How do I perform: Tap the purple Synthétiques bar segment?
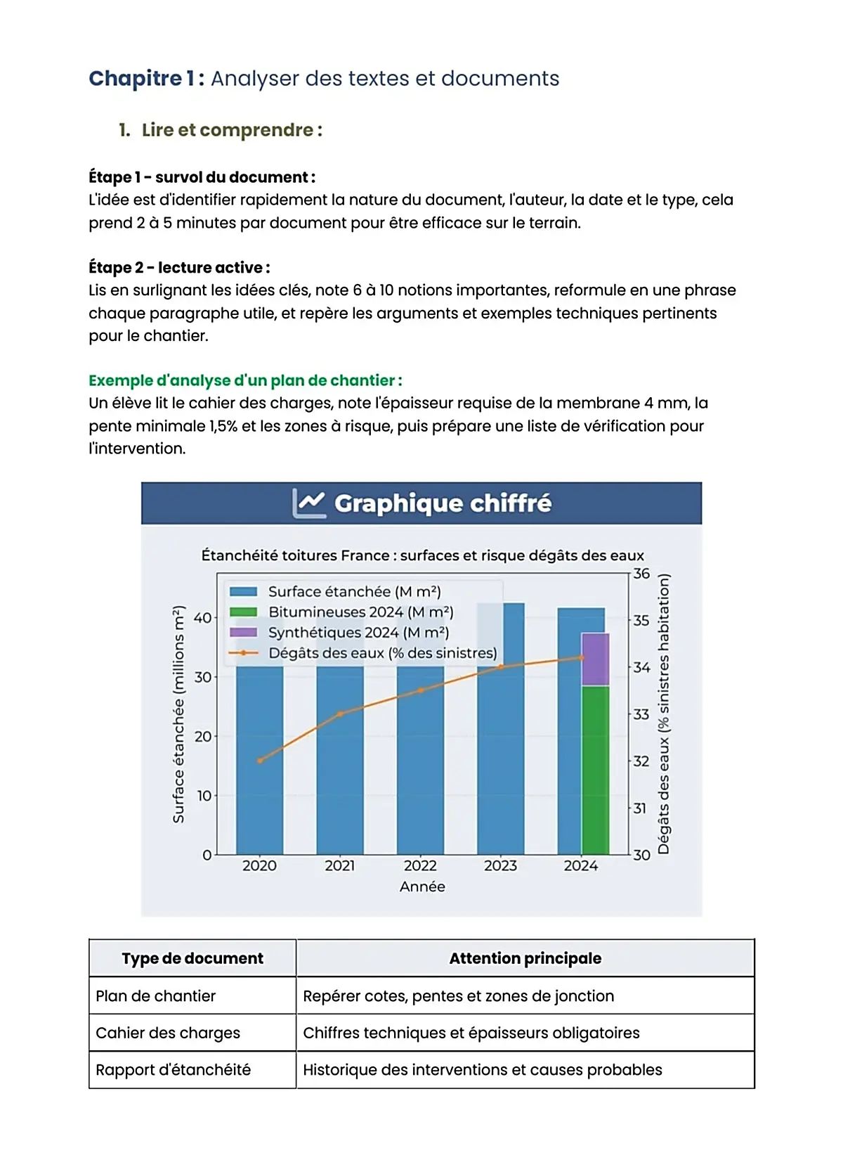pos(596,659)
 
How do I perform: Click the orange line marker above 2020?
pos(260,761)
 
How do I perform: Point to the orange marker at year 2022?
pos(421,690)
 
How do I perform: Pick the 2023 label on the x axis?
pos(500,865)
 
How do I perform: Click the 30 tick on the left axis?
pos(203,677)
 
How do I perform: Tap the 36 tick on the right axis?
pos(641,574)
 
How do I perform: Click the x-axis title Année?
pos(422,886)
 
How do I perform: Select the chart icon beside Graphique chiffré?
pos(309,503)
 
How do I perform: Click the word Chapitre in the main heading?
pos(135,79)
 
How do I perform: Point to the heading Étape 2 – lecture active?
pos(179,268)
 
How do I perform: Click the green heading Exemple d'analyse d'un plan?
pos(245,380)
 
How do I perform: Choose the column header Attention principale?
pos(525,958)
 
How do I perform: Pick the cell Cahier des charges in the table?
pos(168,1033)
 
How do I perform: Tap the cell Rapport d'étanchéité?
pos(173,1070)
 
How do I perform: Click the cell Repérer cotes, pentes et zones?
pos(458,996)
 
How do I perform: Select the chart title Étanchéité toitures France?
pos(422,555)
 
